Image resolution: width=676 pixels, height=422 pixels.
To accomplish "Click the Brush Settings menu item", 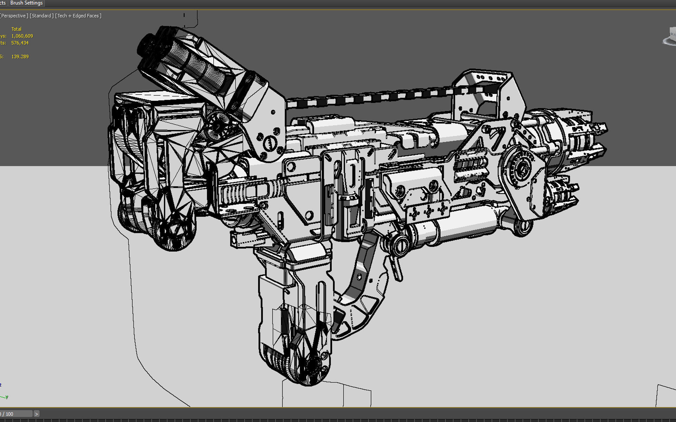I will tap(26, 3).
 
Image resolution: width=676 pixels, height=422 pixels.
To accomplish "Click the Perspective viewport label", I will tap(14, 16).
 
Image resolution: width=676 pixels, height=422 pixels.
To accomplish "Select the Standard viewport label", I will tap(42, 16).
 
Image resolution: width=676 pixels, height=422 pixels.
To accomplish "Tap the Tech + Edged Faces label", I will tap(79, 16).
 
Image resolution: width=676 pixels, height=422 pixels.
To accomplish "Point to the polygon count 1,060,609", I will tap(22, 36).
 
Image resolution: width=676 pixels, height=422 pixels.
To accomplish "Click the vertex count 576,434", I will tap(20, 43).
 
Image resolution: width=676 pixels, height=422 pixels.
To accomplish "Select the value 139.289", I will tap(20, 57).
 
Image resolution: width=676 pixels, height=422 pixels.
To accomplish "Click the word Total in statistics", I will tap(16, 29).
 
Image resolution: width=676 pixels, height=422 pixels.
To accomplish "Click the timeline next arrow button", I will tap(36, 414).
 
